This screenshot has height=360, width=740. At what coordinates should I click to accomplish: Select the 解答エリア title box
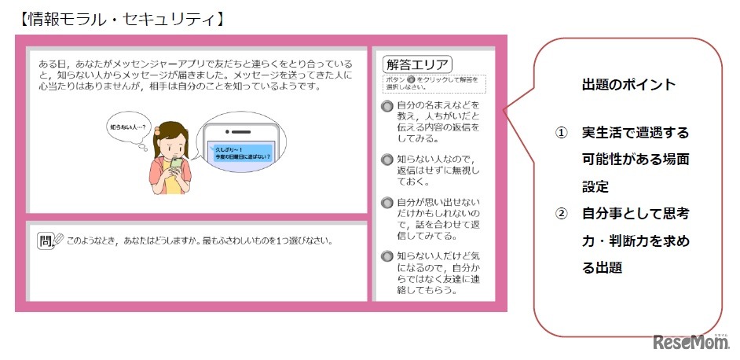pyautogui.click(x=416, y=64)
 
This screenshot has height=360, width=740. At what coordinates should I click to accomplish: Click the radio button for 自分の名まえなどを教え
pyautogui.click(x=386, y=106)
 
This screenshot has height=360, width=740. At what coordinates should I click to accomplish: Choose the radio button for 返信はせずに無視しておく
pyautogui.click(x=386, y=160)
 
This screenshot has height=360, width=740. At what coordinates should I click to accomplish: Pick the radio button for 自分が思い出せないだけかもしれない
pyautogui.click(x=386, y=203)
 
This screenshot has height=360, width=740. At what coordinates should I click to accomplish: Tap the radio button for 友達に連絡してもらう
pyautogui.click(x=386, y=256)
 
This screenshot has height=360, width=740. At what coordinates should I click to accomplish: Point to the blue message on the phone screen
pyautogui.click(x=243, y=152)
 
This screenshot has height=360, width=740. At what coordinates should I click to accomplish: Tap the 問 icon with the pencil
pyautogui.click(x=49, y=240)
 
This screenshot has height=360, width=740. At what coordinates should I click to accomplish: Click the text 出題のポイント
pyautogui.click(x=629, y=84)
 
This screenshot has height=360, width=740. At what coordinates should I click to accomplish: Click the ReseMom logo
pyautogui.click(x=691, y=343)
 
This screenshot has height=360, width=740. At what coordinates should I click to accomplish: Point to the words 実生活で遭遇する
pyautogui.click(x=636, y=131)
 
